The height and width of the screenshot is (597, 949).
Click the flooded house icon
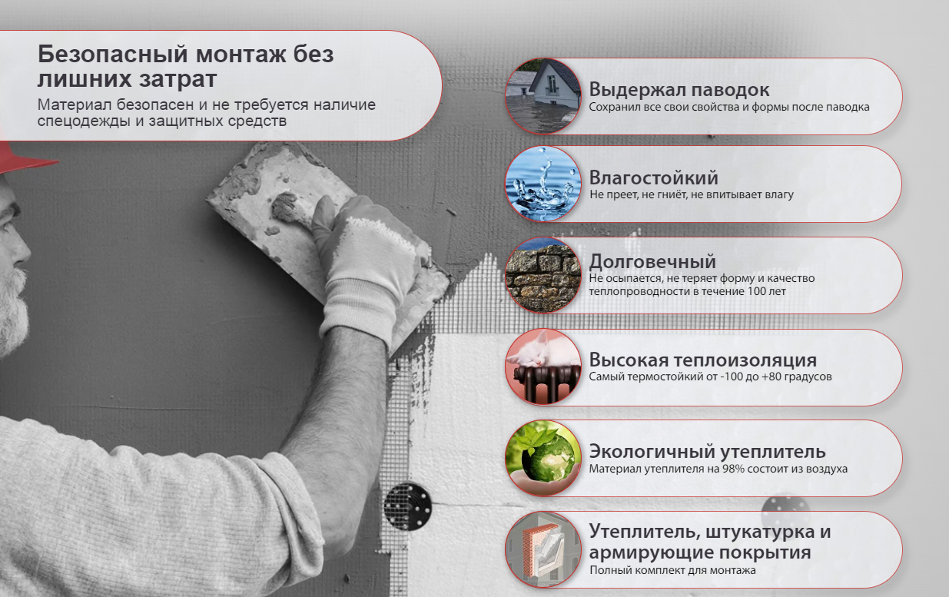coord(543,96)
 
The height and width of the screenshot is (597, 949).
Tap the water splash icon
coord(543,184)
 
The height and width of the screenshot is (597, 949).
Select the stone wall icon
coord(543,275)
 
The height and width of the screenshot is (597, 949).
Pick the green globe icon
coord(543,458)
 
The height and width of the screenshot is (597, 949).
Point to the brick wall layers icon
coord(543,549)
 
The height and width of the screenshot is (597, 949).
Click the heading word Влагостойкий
coord(653,178)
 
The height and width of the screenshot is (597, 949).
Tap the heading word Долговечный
coord(652,262)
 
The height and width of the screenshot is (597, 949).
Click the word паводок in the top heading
coord(731,90)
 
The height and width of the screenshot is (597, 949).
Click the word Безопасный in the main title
coord(113,55)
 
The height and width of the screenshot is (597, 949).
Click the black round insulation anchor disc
coord(407,506)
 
